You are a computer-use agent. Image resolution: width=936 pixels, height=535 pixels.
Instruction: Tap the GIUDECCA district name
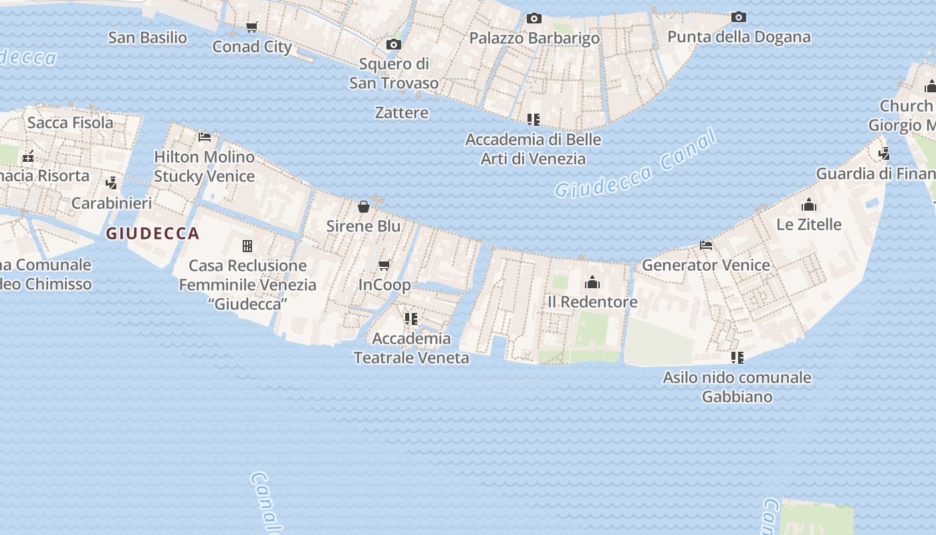coord(153,233)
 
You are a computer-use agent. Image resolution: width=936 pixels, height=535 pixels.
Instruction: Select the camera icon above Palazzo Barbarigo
coord(534,18)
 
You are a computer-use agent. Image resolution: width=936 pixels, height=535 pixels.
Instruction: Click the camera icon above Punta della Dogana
coord(738,17)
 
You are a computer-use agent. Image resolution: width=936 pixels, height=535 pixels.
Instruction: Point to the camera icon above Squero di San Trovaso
coord(394,44)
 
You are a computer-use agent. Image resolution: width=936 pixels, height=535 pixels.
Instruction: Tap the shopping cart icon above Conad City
coord(251,27)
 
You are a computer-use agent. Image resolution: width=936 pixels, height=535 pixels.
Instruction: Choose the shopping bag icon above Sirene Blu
coord(364,207)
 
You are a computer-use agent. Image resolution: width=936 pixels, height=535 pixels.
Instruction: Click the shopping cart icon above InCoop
coord(384,265)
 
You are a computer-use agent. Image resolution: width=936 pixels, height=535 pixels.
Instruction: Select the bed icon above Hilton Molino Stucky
coord(205,137)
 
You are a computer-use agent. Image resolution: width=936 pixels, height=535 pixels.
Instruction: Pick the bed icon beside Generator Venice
coord(705,245)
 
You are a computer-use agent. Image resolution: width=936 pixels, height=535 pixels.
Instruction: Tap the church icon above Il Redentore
coord(592,282)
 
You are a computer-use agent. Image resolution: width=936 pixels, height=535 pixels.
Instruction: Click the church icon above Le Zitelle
coord(809,204)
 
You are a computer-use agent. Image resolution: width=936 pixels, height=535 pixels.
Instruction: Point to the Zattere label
coord(402,112)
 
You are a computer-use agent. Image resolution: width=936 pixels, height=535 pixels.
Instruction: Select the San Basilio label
coord(148,37)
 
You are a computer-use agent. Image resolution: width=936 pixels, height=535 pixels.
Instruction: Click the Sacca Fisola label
coord(70,122)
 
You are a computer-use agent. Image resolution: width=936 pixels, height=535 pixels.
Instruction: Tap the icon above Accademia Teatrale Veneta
coord(411,318)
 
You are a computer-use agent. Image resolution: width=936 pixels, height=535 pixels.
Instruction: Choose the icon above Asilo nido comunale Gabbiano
coord(737,358)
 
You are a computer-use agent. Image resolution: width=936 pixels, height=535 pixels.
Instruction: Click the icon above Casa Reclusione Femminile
coord(247,246)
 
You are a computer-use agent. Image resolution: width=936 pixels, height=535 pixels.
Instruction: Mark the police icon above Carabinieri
coord(112,183)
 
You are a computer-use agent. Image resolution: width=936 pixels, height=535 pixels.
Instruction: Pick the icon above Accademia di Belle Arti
coord(533,120)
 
